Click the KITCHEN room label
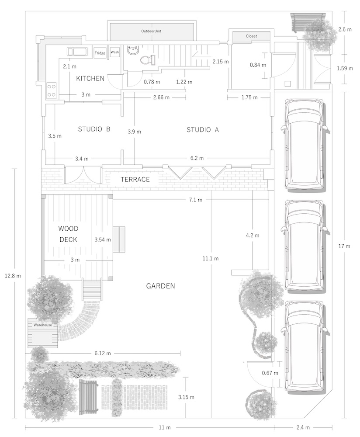[x=90, y=78]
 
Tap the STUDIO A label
[x=203, y=130]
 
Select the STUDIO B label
[x=94, y=129]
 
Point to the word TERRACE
[x=135, y=179]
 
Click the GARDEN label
[x=160, y=286]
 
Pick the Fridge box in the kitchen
[x=100, y=53]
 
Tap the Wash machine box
[x=115, y=52]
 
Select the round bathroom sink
[x=133, y=50]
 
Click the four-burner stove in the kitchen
[x=51, y=90]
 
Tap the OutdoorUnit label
[x=151, y=31]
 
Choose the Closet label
[x=251, y=36]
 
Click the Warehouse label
[x=43, y=325]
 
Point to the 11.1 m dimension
[x=211, y=258]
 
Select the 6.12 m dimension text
[x=103, y=354]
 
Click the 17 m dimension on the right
[x=344, y=246]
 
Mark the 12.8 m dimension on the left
[x=13, y=276]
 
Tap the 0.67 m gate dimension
[x=270, y=373]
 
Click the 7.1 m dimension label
[x=196, y=200]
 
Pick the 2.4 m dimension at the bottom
[x=303, y=427]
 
